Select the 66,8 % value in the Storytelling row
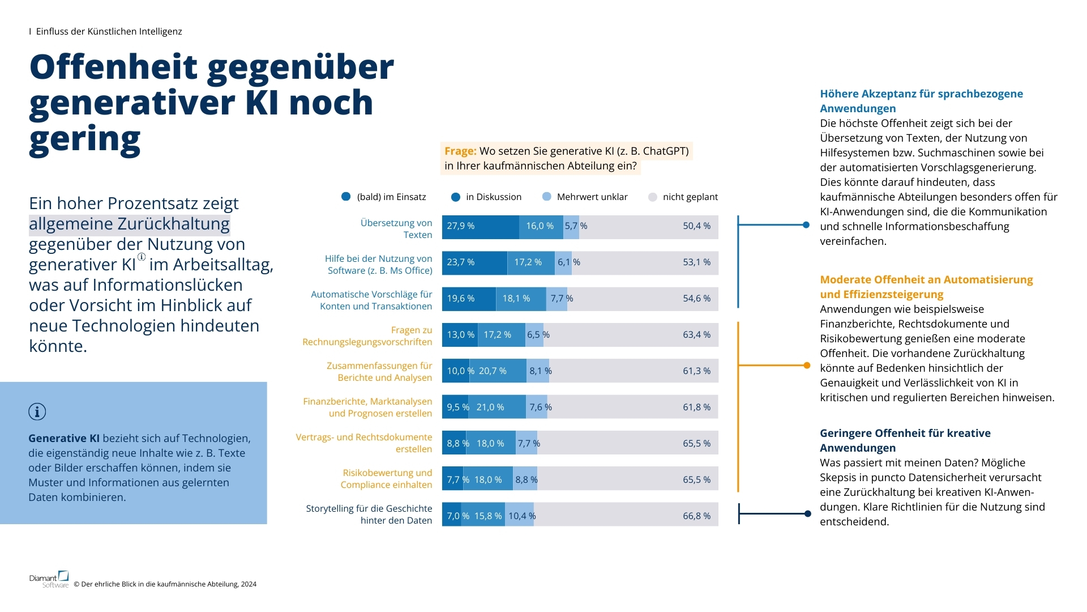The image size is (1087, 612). click(696, 516)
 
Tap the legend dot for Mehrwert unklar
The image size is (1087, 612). click(546, 197)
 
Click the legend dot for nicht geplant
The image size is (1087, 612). click(652, 197)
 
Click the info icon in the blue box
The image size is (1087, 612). click(37, 412)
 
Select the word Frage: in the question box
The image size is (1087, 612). click(460, 151)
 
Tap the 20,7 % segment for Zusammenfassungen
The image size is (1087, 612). click(497, 371)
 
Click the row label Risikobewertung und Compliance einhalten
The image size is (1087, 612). click(386, 479)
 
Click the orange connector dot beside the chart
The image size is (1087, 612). click(807, 365)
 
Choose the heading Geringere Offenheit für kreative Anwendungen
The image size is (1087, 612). click(905, 440)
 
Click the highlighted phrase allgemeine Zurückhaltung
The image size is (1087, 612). click(129, 224)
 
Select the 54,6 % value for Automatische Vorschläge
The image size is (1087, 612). click(696, 299)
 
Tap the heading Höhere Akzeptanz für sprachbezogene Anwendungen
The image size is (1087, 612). click(921, 101)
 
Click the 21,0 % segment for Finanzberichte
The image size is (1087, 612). click(497, 407)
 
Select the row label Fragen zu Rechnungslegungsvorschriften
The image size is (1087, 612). click(367, 336)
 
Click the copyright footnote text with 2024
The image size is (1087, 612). click(169, 584)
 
